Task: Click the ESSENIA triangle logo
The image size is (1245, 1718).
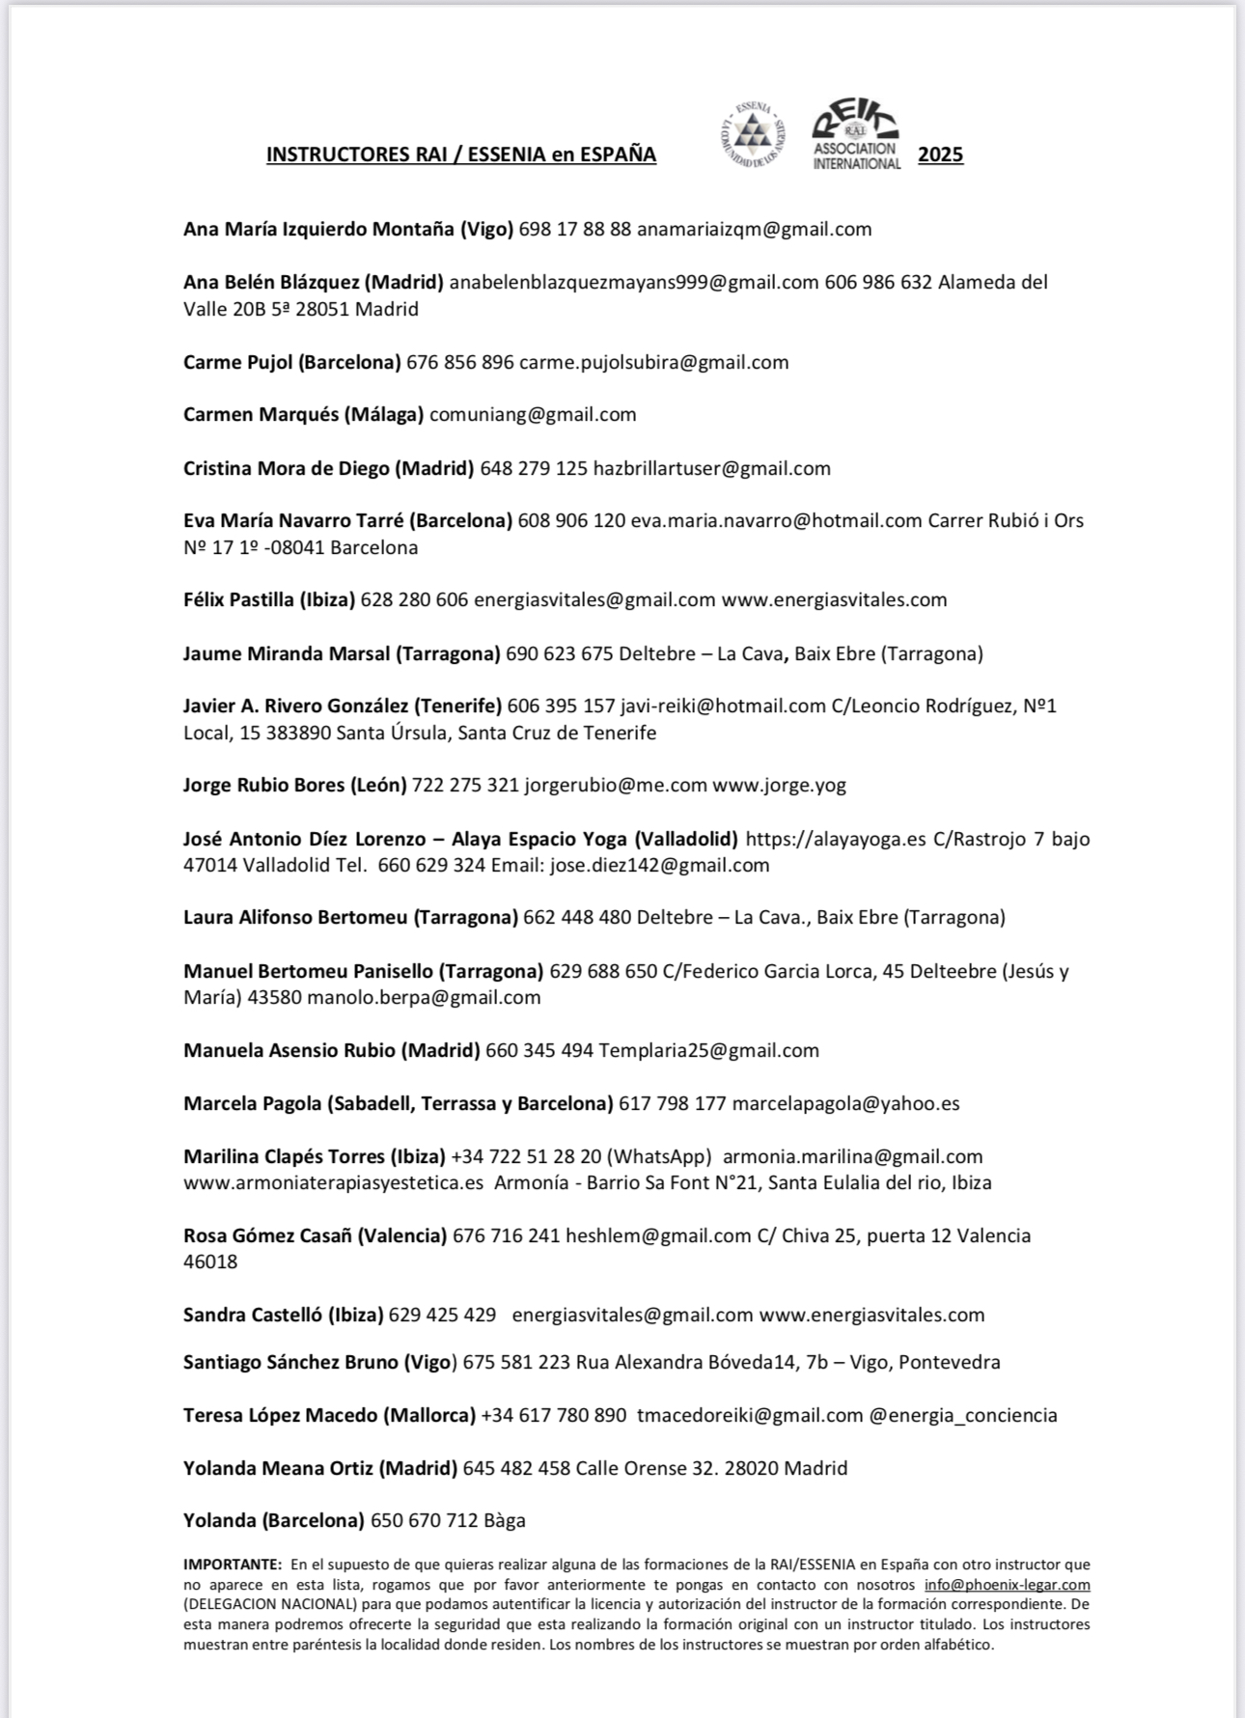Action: pyautogui.click(x=753, y=136)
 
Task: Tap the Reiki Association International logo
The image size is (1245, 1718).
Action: pyautogui.click(x=855, y=136)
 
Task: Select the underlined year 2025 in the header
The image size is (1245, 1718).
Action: pyautogui.click(x=940, y=154)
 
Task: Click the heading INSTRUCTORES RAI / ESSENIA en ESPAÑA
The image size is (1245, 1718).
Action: pyautogui.click(x=461, y=154)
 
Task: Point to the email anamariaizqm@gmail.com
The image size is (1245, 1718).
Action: pyautogui.click(x=754, y=230)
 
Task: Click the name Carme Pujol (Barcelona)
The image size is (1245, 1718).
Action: pyautogui.click(x=291, y=363)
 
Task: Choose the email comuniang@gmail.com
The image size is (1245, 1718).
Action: pyautogui.click(x=533, y=415)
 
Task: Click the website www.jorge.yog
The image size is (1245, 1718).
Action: pyautogui.click(x=779, y=786)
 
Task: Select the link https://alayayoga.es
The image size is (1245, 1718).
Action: pyautogui.click(x=836, y=839)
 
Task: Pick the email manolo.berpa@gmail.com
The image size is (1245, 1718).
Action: pyautogui.click(x=424, y=998)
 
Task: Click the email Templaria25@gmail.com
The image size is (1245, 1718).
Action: pyautogui.click(x=708, y=1051)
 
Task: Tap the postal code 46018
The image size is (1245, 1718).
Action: pyautogui.click(x=210, y=1262)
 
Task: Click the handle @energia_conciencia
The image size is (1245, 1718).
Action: pyautogui.click(x=962, y=1416)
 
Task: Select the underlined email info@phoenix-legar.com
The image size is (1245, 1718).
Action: pyautogui.click(x=1007, y=1585)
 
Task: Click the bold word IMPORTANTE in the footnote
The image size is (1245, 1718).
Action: pyautogui.click(x=232, y=1565)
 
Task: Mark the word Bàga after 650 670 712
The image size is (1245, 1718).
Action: pyautogui.click(x=505, y=1521)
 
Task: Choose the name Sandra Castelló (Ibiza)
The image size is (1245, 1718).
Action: pyautogui.click(x=283, y=1316)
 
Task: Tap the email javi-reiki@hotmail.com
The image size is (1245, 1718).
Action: pyautogui.click(x=723, y=707)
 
